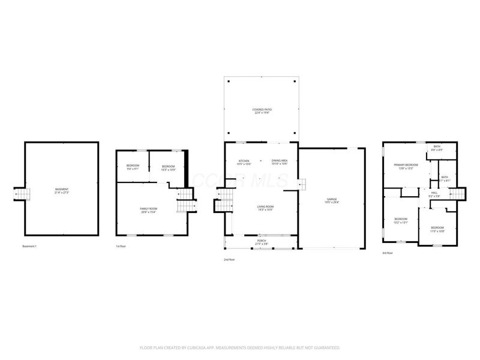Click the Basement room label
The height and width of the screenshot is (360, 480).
pos(62,190)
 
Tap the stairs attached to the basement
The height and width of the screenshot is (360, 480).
pos(22,193)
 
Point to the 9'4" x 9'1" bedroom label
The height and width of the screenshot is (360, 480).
pos(133,167)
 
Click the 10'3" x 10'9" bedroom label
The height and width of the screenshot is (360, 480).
pos(168,167)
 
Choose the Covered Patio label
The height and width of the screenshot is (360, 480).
pos(262,110)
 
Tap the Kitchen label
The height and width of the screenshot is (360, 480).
pos(244,162)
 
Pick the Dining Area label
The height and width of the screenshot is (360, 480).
pos(280,162)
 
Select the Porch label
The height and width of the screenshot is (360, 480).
pos(260,243)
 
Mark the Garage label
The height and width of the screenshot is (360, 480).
pos(332,201)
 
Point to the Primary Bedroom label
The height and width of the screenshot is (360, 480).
pos(406,166)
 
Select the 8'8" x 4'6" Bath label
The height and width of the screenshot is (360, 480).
pos(437,148)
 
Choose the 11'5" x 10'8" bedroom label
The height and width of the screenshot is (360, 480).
pos(437,229)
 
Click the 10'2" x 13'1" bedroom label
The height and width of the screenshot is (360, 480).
pos(400,220)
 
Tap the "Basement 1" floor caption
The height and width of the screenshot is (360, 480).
pos(30,247)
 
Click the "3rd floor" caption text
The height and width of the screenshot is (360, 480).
pos(388,253)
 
